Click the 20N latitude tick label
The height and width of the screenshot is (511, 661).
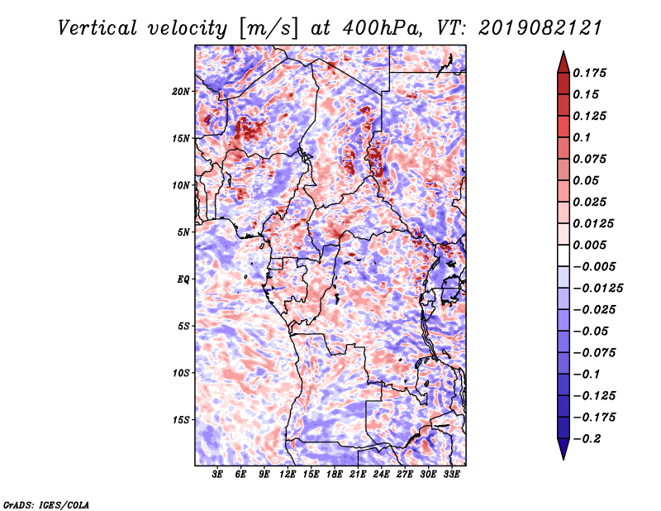pos(181,91)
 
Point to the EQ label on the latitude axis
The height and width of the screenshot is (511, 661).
pos(183,279)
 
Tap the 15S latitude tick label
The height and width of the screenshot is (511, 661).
pos(181,420)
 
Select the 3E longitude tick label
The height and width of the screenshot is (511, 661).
pos(217,474)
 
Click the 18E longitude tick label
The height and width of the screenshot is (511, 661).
pos(335,474)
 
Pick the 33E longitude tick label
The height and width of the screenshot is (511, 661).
pos(451,474)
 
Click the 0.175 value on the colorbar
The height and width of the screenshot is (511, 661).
pos(589,73)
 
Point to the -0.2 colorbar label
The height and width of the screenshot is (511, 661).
pos(587,439)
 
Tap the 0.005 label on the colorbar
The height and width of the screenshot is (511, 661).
pos(589,245)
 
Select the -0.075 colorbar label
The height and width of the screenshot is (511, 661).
pos(594,353)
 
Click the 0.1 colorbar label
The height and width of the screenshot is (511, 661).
pos(582,137)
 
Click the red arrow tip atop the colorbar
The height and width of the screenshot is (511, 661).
pos(564,52)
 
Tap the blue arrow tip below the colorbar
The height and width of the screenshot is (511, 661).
pos(564,459)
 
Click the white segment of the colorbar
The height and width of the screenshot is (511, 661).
pos(564,255)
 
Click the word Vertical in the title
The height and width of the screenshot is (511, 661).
pos(97,28)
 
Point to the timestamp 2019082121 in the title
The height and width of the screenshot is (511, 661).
pos(540,28)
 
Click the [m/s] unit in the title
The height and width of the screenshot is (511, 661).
pos(269,29)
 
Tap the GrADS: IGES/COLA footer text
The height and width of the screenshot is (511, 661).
pos(46,504)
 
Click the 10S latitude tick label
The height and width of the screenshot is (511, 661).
pos(181,373)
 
